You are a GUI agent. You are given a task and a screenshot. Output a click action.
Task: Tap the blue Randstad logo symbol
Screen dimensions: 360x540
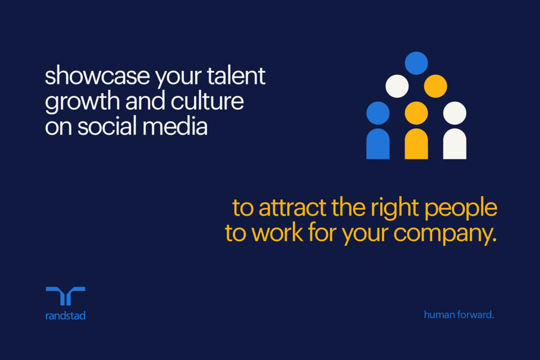65,296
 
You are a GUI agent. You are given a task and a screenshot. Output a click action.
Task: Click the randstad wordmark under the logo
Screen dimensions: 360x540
65,316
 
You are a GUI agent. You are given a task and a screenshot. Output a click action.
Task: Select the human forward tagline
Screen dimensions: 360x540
459,315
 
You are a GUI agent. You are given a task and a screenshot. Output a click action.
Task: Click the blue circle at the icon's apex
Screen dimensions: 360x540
416,63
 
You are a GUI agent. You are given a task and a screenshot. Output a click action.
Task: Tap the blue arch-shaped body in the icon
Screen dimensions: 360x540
378,144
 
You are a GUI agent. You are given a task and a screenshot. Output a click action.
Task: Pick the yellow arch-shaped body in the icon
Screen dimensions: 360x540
416,144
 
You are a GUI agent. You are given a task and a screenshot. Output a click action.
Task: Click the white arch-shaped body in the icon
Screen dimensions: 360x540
454,144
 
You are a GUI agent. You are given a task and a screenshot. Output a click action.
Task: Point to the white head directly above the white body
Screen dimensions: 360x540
454,113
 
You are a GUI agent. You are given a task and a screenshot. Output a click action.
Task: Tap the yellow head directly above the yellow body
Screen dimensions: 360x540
416,113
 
